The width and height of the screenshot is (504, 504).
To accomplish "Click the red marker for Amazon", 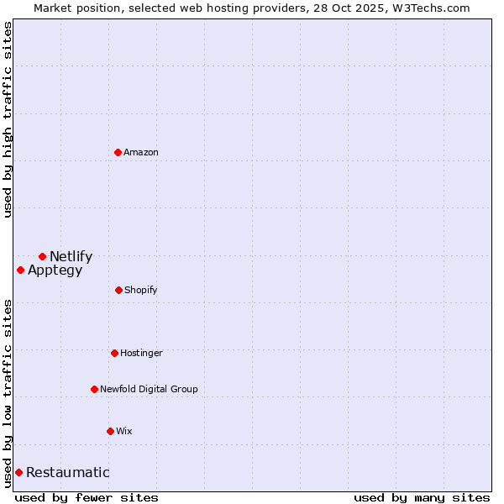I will pos(118,152).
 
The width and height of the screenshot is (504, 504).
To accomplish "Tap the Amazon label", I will pos(141,153).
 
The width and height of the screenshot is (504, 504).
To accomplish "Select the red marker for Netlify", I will pos(42,256).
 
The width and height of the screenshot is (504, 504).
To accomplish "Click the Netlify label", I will pos(71,257).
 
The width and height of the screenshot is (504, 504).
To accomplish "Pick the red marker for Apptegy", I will pos(20,270).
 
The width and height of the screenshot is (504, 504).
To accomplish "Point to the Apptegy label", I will pos(55,270).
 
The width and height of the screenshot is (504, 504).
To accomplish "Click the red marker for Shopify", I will pos(118,290).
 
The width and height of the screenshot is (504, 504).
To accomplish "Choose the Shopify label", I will pos(140,291).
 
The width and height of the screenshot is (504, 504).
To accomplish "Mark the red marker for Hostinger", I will pos(114,353).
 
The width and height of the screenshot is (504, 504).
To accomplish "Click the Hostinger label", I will pos(141,354).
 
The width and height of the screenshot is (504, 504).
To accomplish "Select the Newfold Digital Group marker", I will pos(94,389).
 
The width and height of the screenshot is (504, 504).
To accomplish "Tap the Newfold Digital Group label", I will pos(149,390).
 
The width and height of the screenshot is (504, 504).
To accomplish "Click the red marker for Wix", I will pos(110,431).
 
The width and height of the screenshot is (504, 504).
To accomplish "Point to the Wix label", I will pos(124,432).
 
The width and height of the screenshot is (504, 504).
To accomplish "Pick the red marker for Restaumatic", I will pos(18,472).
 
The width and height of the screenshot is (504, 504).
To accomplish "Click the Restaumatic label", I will pos(67,473).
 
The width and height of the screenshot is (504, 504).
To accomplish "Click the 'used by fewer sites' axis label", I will pos(87,497).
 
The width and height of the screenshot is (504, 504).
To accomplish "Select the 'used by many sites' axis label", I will pos(422,497).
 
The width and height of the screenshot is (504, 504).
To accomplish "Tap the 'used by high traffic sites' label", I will pos(8,119).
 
